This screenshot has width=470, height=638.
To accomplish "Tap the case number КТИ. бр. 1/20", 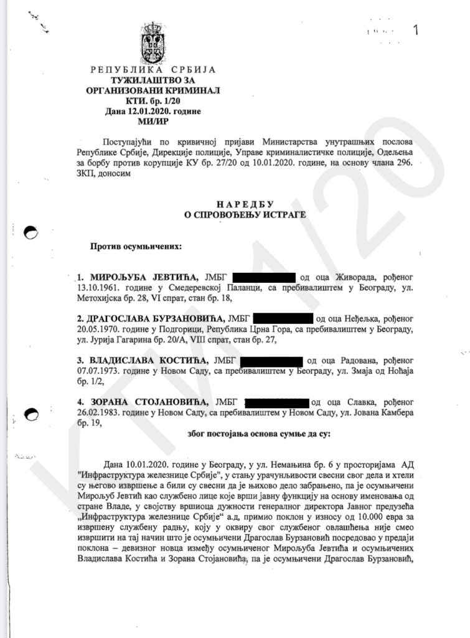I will click(153, 100).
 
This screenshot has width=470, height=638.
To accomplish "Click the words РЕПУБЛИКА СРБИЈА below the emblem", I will click(153, 70).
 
